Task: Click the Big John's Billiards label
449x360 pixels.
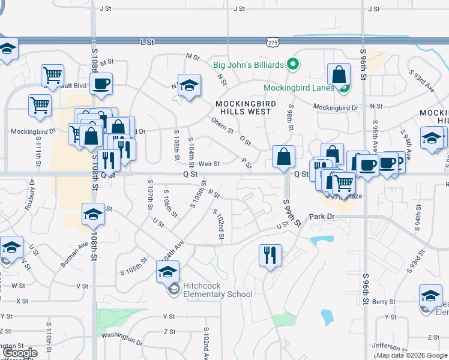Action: pyautogui.click(x=250, y=64)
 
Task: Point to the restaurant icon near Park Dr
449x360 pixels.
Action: pyautogui.click(x=270, y=255)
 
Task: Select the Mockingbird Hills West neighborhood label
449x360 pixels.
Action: pyautogui.click(x=246, y=107)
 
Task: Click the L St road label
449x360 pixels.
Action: pyautogui.click(x=147, y=42)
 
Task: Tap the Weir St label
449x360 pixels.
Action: pyautogui.click(x=209, y=163)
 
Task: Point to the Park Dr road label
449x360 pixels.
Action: pyautogui.click(x=321, y=216)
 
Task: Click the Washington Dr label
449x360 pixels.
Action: pyautogui.click(x=121, y=338)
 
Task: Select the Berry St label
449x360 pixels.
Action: pyautogui.click(x=385, y=302)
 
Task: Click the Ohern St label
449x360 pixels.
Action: pyautogui.click(x=221, y=127)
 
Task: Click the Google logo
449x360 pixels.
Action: pyautogui.click(x=20, y=353)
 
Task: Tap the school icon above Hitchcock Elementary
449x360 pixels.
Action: pyautogui.click(x=167, y=271)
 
